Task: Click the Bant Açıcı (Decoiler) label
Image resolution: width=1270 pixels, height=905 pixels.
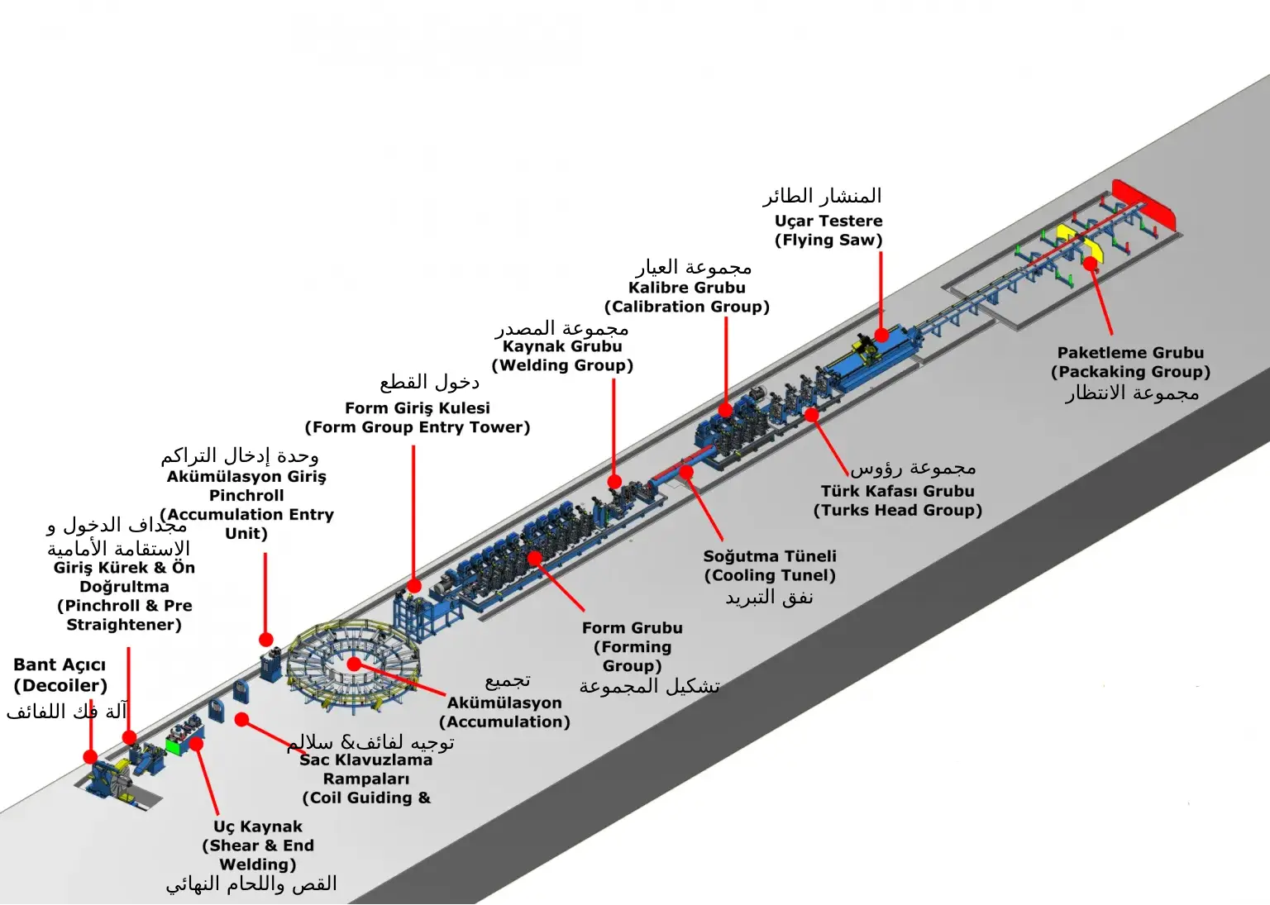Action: [60, 675]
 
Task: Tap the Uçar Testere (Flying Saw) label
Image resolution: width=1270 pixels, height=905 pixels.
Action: [828, 231]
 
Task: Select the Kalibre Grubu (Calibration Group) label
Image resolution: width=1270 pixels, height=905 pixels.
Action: [687, 297]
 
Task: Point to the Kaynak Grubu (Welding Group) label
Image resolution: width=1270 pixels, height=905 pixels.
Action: [562, 355]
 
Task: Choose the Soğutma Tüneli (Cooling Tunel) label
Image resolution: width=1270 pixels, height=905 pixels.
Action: [770, 565]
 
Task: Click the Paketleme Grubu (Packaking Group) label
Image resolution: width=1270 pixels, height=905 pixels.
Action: [1130, 362]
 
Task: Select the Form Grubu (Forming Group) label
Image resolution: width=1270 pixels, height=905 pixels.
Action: [633, 646]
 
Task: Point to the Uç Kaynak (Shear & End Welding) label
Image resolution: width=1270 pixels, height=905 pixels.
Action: [258, 845]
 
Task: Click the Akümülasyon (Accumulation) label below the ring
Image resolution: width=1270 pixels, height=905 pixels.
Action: [504, 712]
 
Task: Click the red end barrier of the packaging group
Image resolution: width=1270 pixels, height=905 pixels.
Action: [1144, 203]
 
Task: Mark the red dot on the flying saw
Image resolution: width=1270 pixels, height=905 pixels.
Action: [881, 335]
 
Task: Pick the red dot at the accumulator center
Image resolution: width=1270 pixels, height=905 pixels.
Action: [354, 664]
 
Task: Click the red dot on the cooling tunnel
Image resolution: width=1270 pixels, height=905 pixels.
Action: [687, 471]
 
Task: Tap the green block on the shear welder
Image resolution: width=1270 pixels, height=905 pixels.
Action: [174, 746]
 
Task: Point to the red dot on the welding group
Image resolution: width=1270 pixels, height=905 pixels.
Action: [614, 481]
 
